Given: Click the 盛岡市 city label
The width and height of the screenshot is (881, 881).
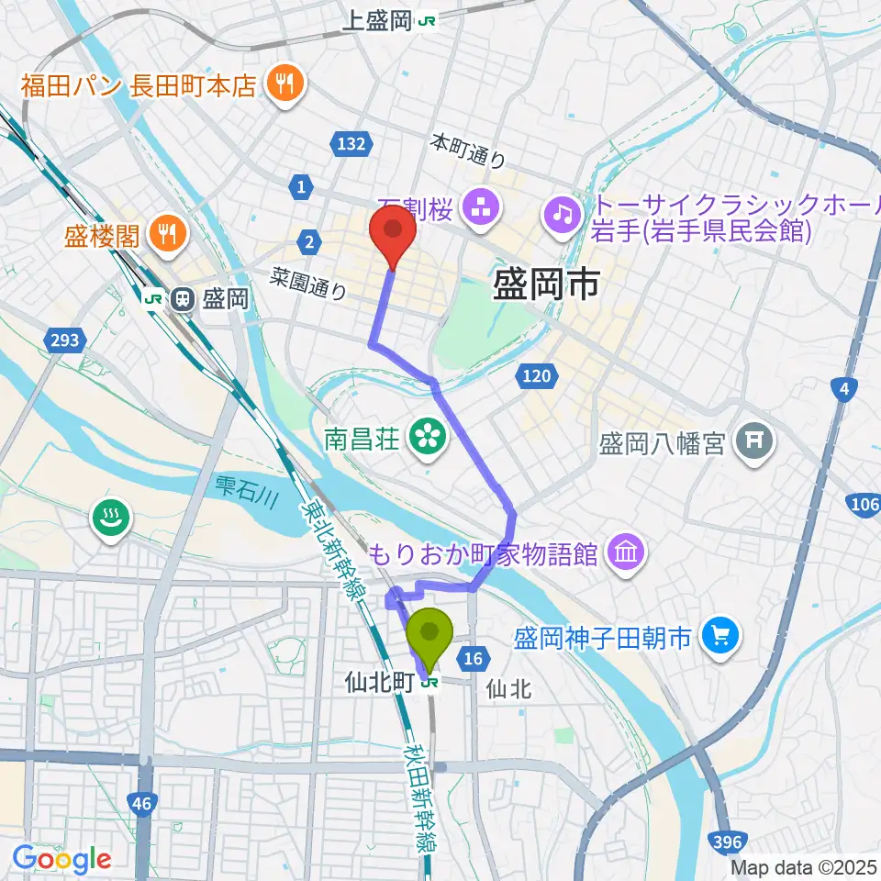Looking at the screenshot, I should pos(546,284).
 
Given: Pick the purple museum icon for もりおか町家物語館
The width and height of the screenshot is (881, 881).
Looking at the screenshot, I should pos(627,553).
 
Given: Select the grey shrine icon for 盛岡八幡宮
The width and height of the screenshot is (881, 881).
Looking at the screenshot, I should pos(756,444).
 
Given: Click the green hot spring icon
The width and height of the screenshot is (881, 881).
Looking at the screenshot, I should pos(110,520).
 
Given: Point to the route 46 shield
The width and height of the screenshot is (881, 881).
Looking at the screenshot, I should pos(140,804).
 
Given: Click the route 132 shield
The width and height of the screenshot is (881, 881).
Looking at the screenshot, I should pos(350,144).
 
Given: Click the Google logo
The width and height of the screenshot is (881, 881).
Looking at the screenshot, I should pos(61,859).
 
